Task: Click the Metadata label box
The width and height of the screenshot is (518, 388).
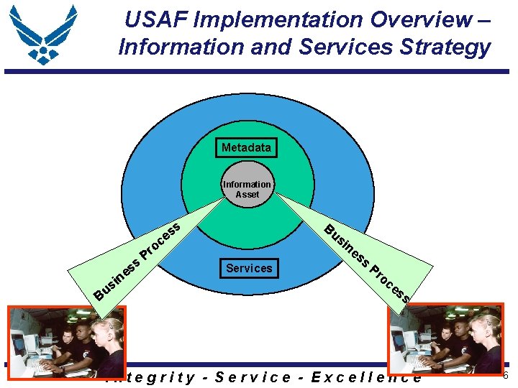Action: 246,148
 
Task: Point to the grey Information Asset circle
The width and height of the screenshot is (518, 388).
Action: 247,189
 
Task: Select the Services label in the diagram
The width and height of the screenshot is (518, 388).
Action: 249,268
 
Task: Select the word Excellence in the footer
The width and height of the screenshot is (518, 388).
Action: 366,377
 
